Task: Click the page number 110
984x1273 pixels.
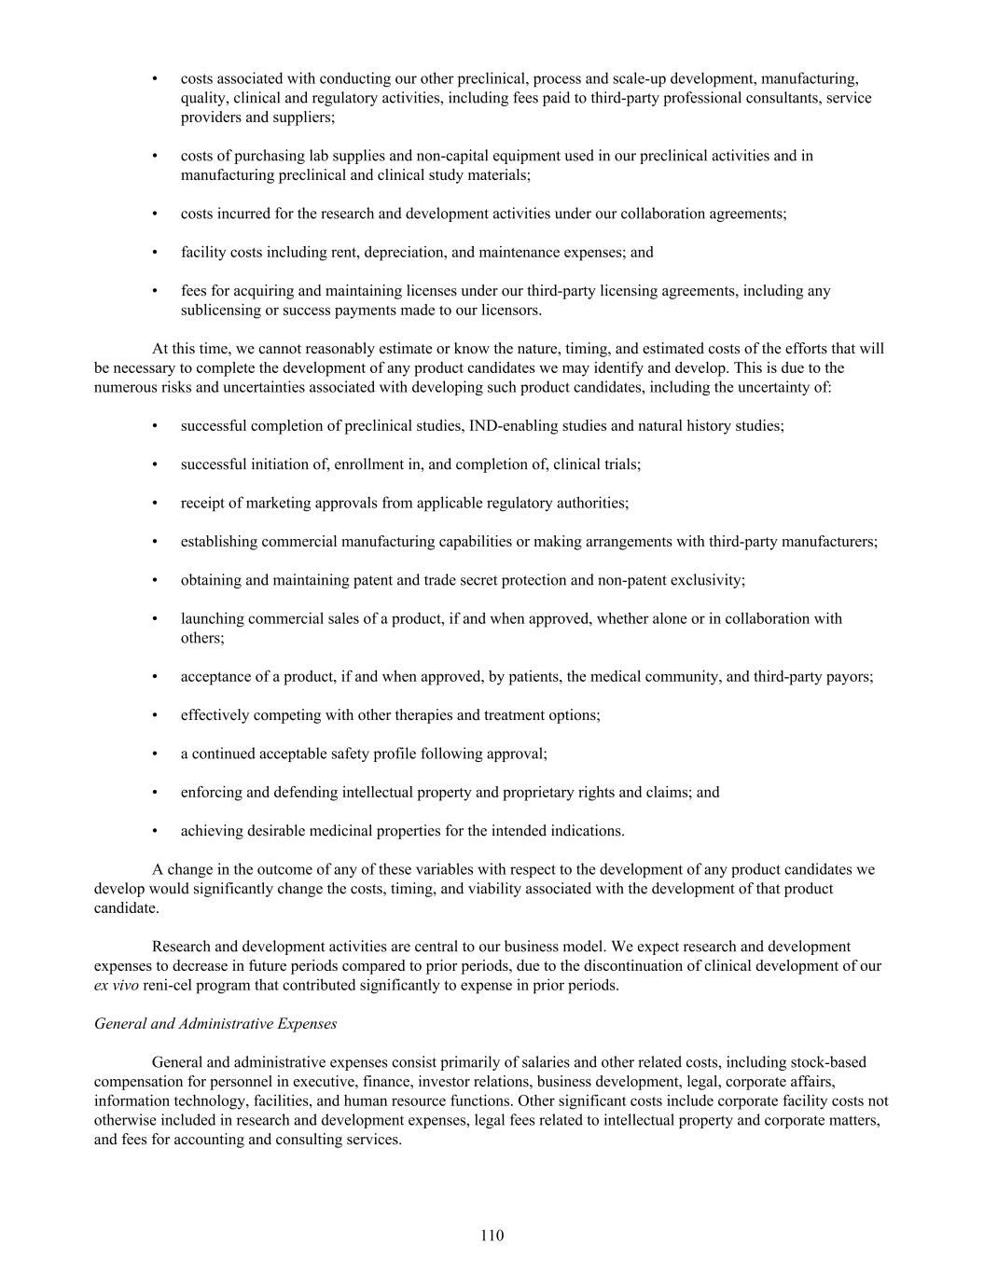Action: pos(492,1236)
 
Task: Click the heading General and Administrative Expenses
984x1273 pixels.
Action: pos(215,1023)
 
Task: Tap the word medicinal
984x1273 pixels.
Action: pos(332,830)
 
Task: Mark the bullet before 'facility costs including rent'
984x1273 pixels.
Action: pos(155,252)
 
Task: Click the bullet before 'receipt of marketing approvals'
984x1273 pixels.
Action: pos(155,503)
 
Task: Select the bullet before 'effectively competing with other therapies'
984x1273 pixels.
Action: pos(155,714)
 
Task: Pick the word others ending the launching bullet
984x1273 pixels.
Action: pos(201,638)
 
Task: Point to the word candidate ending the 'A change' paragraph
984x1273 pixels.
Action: pos(125,907)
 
